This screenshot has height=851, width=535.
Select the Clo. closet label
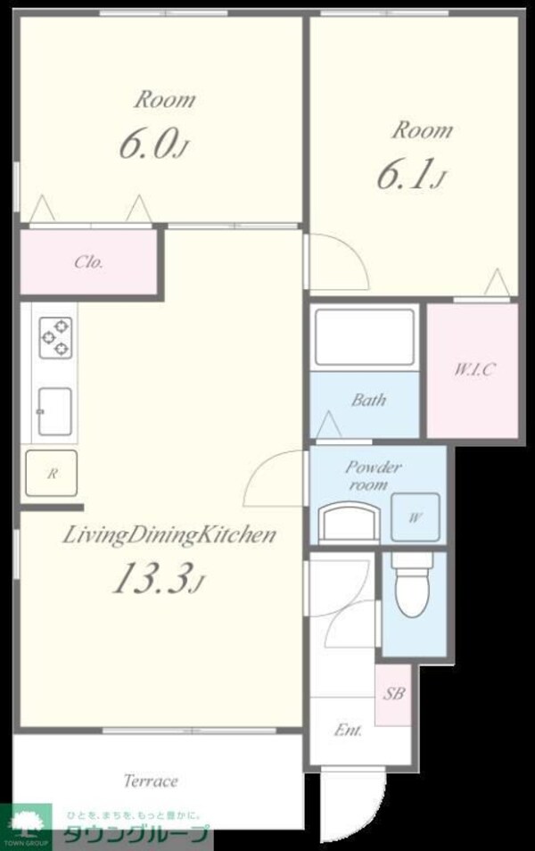pyautogui.click(x=88, y=262)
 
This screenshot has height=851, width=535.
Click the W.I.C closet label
pyautogui.click(x=473, y=369)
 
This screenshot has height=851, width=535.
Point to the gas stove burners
pyautogui.click(x=55, y=337)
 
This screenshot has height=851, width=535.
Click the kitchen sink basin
pyautogui.click(x=54, y=411)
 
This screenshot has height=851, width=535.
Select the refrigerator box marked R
pyautogui.click(x=52, y=474)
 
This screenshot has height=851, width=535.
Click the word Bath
pyautogui.click(x=369, y=400)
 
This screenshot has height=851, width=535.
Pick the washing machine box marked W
pyautogui.click(x=416, y=517)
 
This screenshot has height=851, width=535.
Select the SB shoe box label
pyautogui.click(x=394, y=693)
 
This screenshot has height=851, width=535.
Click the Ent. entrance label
pyautogui.click(x=348, y=730)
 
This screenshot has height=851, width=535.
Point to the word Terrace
pyautogui.click(x=151, y=781)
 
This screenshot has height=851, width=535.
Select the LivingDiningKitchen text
pyautogui.click(x=169, y=535)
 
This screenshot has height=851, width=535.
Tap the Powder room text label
pyautogui.click(x=374, y=475)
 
